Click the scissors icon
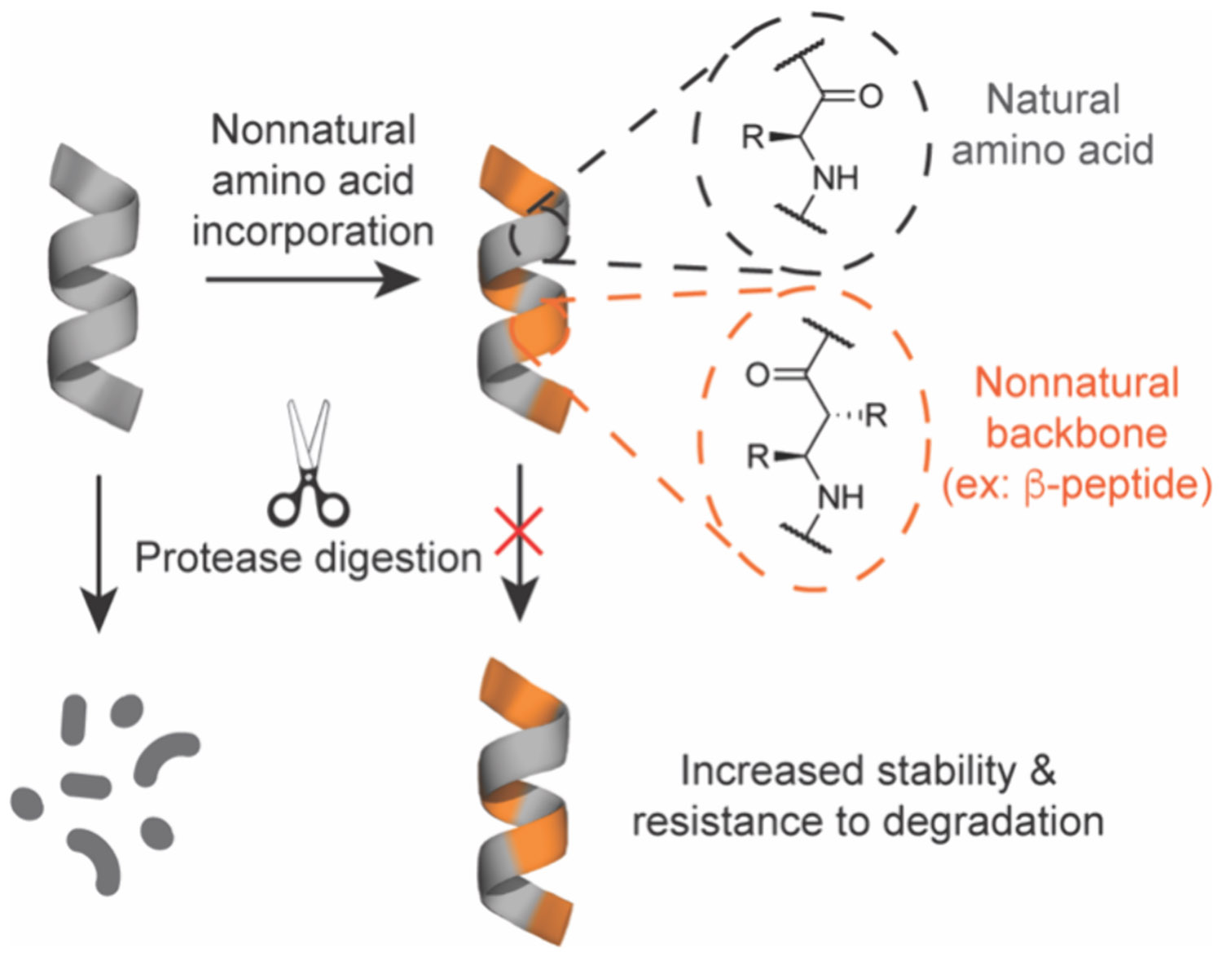(x=309, y=463)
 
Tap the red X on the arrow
(x=519, y=531)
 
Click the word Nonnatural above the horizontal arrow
(x=314, y=130)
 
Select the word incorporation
(x=313, y=232)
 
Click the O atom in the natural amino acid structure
(x=870, y=97)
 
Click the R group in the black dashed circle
(x=754, y=137)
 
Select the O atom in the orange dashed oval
(x=758, y=374)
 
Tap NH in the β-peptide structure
(x=840, y=496)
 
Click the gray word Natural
(x=1053, y=100)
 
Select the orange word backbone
(x=1076, y=433)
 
